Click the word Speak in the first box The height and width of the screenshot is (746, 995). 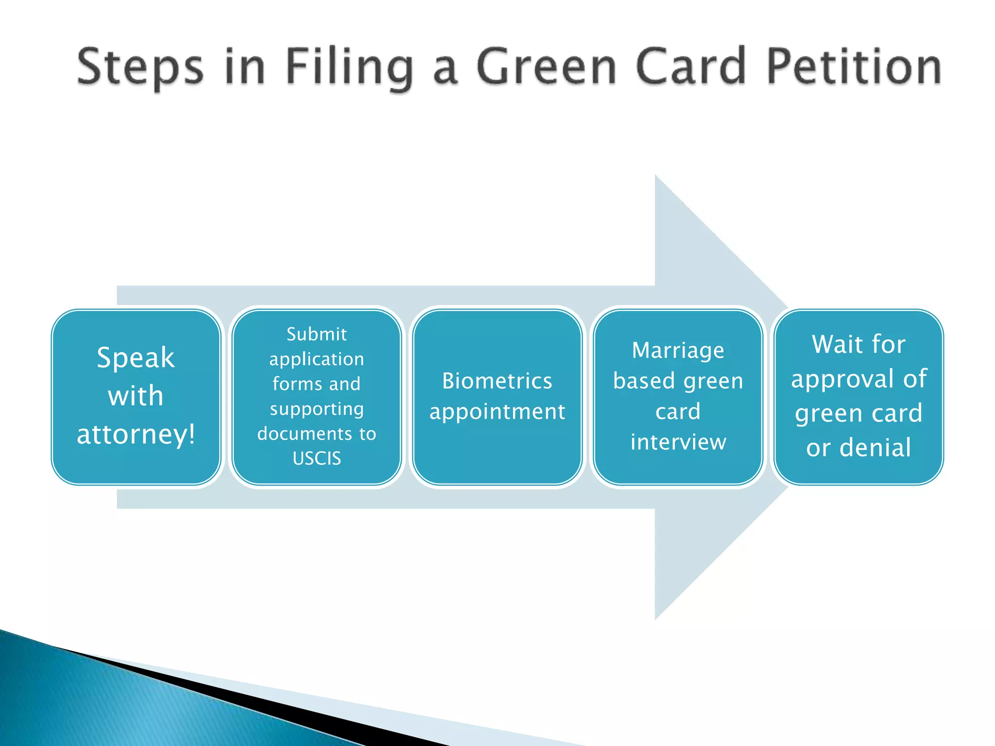(136, 358)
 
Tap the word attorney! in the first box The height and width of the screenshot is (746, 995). (136, 434)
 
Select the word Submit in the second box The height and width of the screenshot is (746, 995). (317, 334)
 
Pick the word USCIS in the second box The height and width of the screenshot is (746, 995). (317, 458)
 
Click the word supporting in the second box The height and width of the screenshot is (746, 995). (317, 409)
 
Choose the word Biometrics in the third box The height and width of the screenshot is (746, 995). (497, 381)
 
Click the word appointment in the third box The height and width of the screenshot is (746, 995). (497, 412)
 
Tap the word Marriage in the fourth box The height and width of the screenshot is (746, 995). (678, 350)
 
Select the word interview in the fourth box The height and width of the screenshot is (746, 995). (678, 442)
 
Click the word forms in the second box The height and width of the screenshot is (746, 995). (296, 384)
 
